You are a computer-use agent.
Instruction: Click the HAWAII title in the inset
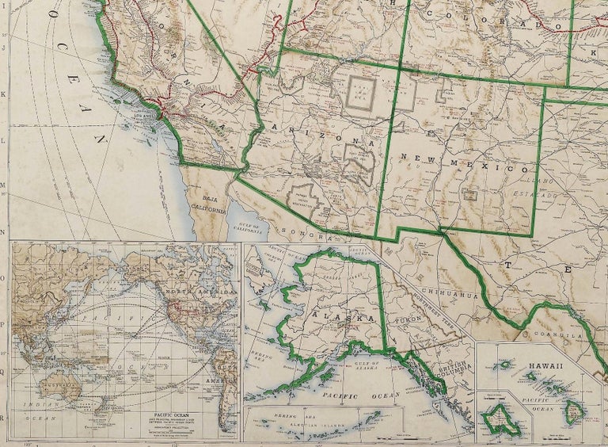coord(543,365)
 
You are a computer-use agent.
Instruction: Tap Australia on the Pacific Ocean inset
coord(63,388)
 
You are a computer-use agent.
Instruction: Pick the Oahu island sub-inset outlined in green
coord(501,416)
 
